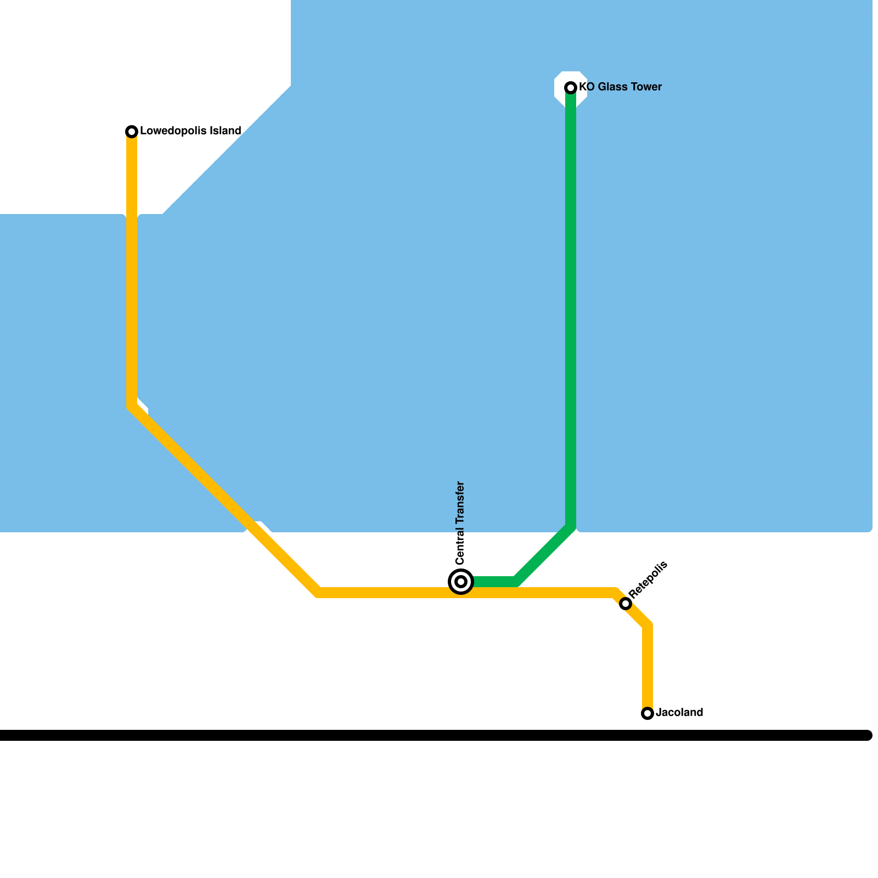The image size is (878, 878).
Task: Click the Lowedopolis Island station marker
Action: (x=132, y=132)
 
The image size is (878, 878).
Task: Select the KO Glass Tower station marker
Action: (x=571, y=88)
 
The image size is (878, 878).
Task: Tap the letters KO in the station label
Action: (x=587, y=87)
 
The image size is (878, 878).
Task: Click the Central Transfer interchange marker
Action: (x=461, y=582)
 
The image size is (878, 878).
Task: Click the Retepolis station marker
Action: (x=626, y=604)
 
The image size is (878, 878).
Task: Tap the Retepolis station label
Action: (x=648, y=579)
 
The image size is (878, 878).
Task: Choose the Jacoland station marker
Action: (x=648, y=713)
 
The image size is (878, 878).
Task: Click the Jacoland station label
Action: (x=679, y=713)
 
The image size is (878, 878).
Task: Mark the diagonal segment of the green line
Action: (x=543, y=554)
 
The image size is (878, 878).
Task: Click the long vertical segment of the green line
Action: (x=571, y=307)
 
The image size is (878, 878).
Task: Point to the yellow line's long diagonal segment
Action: (x=225, y=499)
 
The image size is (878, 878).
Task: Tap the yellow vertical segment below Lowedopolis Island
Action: (x=132, y=269)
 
